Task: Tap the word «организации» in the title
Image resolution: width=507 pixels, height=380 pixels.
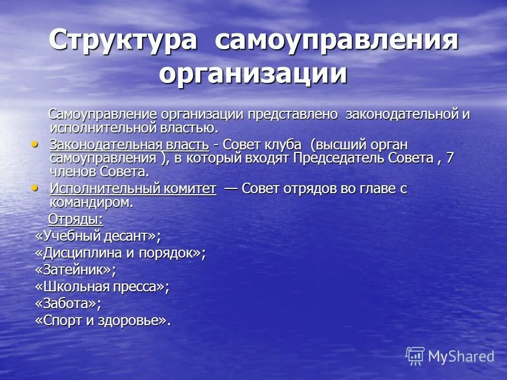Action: (x=253, y=73)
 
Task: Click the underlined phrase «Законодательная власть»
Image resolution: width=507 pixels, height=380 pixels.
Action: (x=130, y=145)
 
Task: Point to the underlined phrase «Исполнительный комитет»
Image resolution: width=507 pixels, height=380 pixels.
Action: (x=133, y=189)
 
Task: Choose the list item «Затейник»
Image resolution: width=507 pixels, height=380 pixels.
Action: (x=75, y=270)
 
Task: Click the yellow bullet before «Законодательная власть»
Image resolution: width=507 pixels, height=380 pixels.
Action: (x=35, y=144)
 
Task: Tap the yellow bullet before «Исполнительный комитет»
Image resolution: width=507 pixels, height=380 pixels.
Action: (x=35, y=187)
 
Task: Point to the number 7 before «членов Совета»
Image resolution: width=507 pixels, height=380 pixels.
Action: (x=450, y=158)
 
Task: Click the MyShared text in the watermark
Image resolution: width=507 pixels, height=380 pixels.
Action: (x=461, y=356)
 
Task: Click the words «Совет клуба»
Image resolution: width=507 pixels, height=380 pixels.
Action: (x=265, y=145)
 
